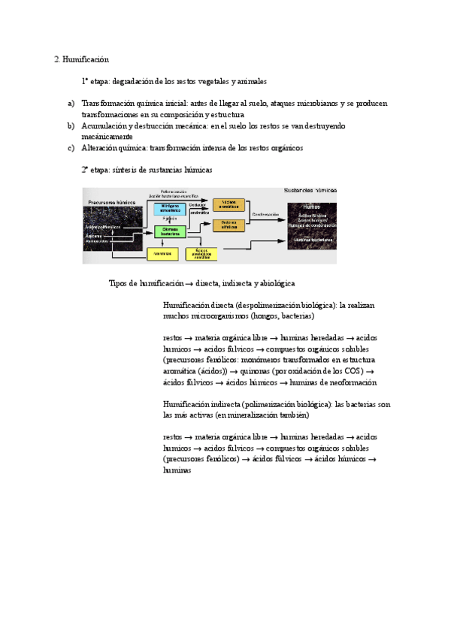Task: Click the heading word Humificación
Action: [x=86, y=59]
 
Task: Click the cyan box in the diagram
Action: [x=169, y=210]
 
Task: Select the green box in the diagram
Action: [x=169, y=231]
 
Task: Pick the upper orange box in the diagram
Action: [x=229, y=204]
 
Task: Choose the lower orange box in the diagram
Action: [x=229, y=225]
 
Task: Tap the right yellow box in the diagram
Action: [x=201, y=254]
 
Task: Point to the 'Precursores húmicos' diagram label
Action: [x=110, y=202]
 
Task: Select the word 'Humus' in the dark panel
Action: [x=310, y=205]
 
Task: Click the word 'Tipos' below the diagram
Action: [x=120, y=283]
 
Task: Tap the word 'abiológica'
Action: [x=274, y=283]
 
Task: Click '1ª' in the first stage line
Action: [x=86, y=81]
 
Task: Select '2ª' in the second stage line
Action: [x=86, y=170]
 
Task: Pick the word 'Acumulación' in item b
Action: [x=104, y=125]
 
